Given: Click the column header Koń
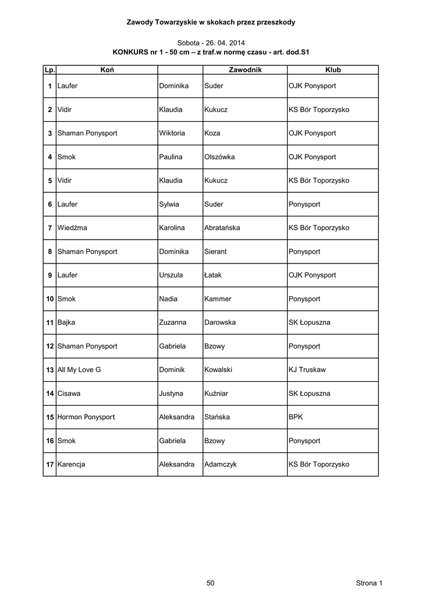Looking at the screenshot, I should click(x=107, y=70).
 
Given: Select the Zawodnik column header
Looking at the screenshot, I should click(x=245, y=70).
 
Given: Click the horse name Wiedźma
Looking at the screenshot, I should click(x=72, y=228).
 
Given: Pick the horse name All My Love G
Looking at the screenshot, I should click(x=79, y=370).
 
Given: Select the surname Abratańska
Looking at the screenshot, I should click(x=222, y=228).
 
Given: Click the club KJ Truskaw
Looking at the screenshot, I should click(x=307, y=370).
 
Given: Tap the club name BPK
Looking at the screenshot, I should click(x=296, y=417).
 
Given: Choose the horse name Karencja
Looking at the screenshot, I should click(x=72, y=465).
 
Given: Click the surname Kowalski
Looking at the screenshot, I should click(x=219, y=370).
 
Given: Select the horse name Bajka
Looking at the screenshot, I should click(x=66, y=322).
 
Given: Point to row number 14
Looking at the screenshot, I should click(x=50, y=394).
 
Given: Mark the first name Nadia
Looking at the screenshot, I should click(x=168, y=299).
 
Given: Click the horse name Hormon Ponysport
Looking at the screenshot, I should click(x=86, y=417).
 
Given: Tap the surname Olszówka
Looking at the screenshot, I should click(x=220, y=157).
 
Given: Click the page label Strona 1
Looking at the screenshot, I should click(x=369, y=583).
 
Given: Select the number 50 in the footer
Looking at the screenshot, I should click(x=211, y=583).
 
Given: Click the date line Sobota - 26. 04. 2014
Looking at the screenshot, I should click(x=211, y=43).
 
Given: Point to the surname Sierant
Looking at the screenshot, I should click(x=217, y=252).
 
